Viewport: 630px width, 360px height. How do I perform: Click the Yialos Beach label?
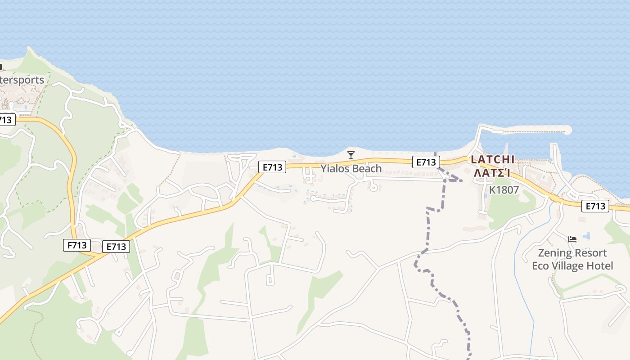click(x=351, y=169)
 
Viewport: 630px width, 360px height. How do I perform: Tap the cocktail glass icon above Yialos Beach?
click(x=351, y=155)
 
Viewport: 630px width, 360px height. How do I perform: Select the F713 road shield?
click(x=76, y=245)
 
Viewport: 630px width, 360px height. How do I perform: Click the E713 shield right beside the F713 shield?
click(x=116, y=247)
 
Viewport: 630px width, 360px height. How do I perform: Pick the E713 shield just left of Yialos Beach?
click(x=273, y=167)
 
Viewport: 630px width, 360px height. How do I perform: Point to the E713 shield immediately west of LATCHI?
click(x=426, y=162)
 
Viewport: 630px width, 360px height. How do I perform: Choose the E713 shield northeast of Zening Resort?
click(x=595, y=206)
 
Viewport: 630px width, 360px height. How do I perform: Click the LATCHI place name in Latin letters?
click(x=493, y=160)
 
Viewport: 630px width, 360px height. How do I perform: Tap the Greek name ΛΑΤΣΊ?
click(x=493, y=173)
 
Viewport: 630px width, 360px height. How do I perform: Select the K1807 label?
click(x=504, y=190)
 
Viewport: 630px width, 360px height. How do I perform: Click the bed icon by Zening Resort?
click(x=572, y=239)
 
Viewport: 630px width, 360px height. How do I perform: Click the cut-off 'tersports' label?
click(x=22, y=80)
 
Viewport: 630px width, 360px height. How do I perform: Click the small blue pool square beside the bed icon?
click(x=586, y=235)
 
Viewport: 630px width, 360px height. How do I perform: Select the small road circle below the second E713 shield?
click(x=373, y=188)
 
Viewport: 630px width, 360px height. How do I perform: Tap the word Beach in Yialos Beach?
click(x=367, y=169)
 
